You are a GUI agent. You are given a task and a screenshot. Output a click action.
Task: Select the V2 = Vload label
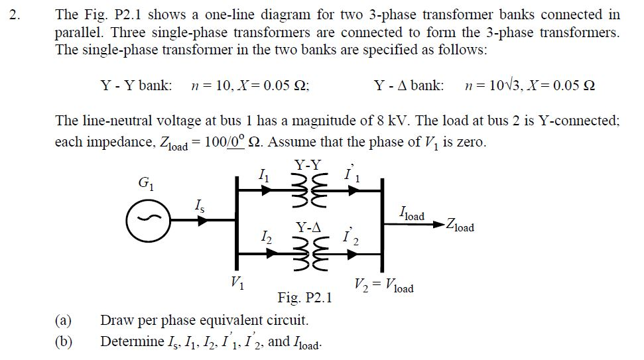pos(384,286)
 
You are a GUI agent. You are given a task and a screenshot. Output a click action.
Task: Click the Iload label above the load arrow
pos(412,214)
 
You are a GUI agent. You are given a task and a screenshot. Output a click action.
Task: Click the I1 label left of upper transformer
pos(263,176)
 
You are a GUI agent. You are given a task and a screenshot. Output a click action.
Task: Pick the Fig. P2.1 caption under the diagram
pos(304,298)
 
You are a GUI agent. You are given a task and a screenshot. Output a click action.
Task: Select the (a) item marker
pos(63,321)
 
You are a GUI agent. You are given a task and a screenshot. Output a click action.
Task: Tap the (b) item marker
pos(63,341)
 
